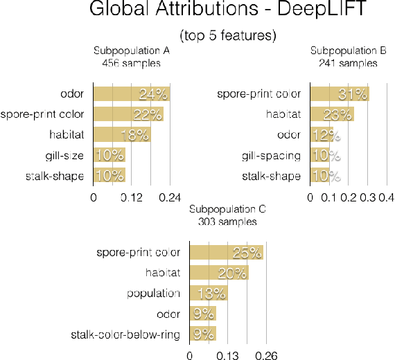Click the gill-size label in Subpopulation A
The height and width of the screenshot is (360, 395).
67,156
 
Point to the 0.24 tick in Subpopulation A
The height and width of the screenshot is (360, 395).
170,197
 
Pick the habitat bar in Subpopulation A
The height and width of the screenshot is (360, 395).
122,135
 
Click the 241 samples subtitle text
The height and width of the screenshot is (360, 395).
344,62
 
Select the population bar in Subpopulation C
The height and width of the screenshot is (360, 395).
209,294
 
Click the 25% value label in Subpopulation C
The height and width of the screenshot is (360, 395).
247,253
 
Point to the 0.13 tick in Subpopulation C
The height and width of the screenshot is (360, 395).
228,356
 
